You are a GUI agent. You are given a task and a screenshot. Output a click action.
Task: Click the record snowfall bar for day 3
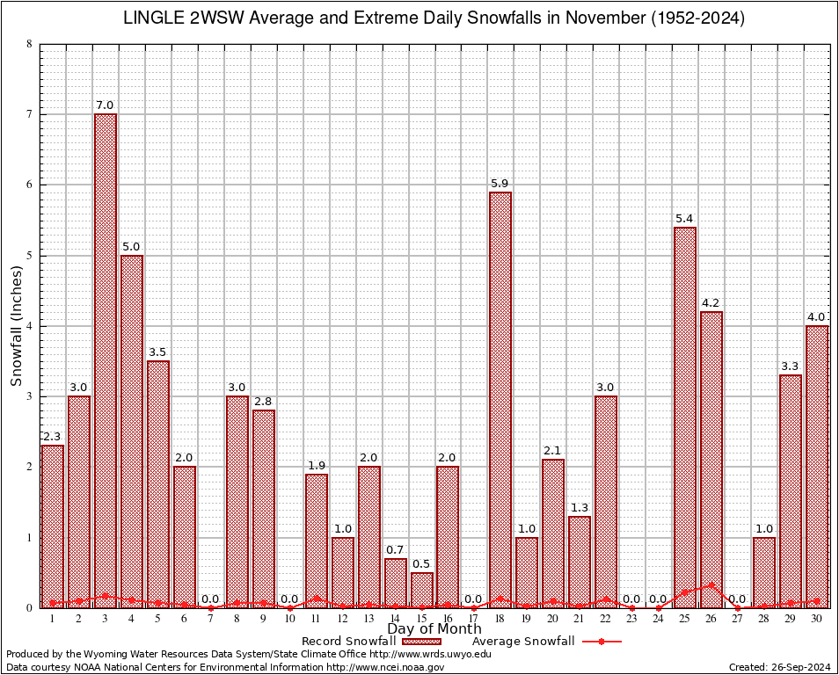click(x=106, y=360)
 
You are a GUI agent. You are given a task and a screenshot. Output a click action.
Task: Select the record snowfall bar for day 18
click(x=500, y=400)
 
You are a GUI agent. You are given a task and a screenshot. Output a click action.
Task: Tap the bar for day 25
click(x=685, y=417)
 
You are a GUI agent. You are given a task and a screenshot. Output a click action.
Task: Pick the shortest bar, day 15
click(x=422, y=590)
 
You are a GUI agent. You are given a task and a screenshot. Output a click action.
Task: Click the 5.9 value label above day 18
click(x=500, y=184)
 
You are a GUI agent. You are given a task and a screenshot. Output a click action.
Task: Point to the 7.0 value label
click(x=106, y=105)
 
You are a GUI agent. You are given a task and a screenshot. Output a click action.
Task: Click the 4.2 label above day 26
click(x=711, y=303)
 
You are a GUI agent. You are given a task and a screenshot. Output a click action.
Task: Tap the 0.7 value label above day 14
click(x=396, y=550)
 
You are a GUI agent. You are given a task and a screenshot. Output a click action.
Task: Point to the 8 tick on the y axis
click(x=30, y=44)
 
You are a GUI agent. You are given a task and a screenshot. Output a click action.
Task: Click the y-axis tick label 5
click(x=30, y=256)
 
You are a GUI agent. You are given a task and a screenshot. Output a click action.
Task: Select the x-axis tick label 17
click(x=474, y=618)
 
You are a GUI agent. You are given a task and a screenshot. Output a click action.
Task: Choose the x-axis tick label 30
click(x=817, y=618)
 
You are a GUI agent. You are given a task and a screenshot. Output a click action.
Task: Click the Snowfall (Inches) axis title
click(x=17, y=326)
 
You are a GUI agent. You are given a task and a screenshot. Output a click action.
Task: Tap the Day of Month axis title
click(x=434, y=629)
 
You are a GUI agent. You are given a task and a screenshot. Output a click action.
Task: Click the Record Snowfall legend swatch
click(x=421, y=642)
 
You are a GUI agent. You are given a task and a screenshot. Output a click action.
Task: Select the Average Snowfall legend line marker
click(x=601, y=642)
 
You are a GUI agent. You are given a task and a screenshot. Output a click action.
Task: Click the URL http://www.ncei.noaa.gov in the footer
click(x=385, y=667)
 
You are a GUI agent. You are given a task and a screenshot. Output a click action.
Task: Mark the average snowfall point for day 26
click(x=711, y=585)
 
